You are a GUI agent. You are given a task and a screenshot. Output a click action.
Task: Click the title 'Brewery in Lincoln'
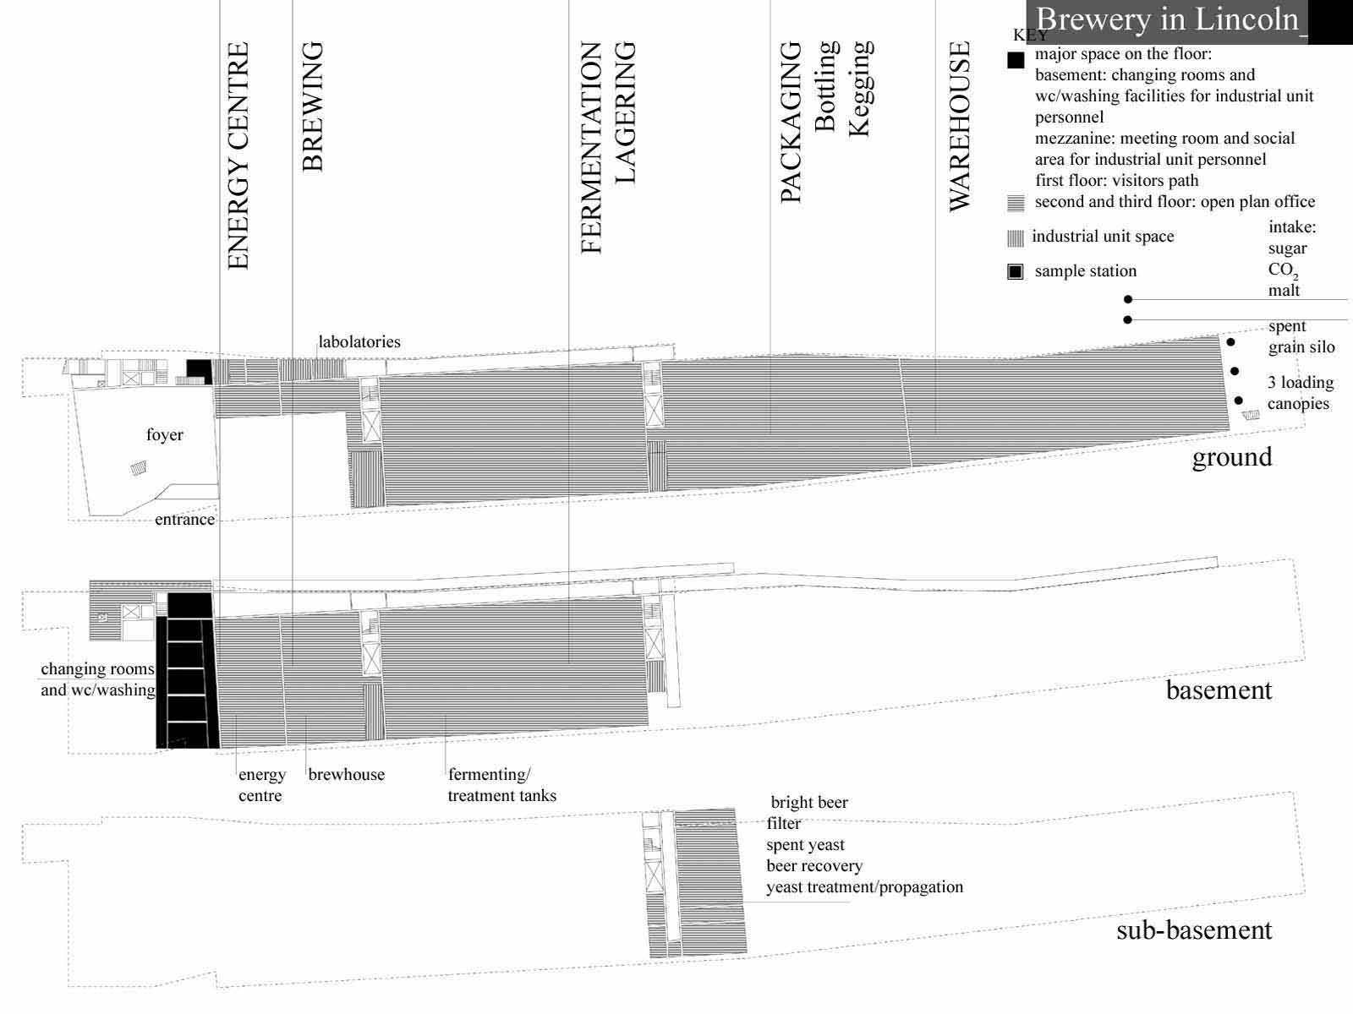1168,19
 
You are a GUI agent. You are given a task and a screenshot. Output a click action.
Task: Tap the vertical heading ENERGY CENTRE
238,155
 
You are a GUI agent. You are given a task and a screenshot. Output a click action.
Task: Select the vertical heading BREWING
313,106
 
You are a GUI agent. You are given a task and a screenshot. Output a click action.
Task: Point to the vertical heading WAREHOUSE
959,126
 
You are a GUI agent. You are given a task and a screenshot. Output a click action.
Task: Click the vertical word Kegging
861,89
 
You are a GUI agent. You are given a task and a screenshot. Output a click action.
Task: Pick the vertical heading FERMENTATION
590,148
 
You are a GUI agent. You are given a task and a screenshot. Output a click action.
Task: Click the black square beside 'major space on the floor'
1016,60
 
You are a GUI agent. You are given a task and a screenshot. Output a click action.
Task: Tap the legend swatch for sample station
1016,271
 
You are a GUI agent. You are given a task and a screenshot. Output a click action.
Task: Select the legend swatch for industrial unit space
1016,238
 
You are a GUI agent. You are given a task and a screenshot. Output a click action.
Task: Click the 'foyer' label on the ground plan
165,434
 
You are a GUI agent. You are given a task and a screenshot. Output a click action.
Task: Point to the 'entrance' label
185,519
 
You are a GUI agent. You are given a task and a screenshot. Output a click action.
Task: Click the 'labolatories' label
359,341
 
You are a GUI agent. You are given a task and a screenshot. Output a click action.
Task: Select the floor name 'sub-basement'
1194,929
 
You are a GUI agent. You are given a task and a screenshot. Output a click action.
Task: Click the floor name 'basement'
1219,690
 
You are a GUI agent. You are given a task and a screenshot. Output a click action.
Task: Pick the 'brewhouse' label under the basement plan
347,774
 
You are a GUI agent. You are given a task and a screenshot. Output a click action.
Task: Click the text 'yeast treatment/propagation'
864,887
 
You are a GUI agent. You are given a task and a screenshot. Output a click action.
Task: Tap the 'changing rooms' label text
97,669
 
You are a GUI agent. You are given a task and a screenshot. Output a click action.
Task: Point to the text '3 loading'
1301,382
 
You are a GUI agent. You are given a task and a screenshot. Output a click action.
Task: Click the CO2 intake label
1284,270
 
